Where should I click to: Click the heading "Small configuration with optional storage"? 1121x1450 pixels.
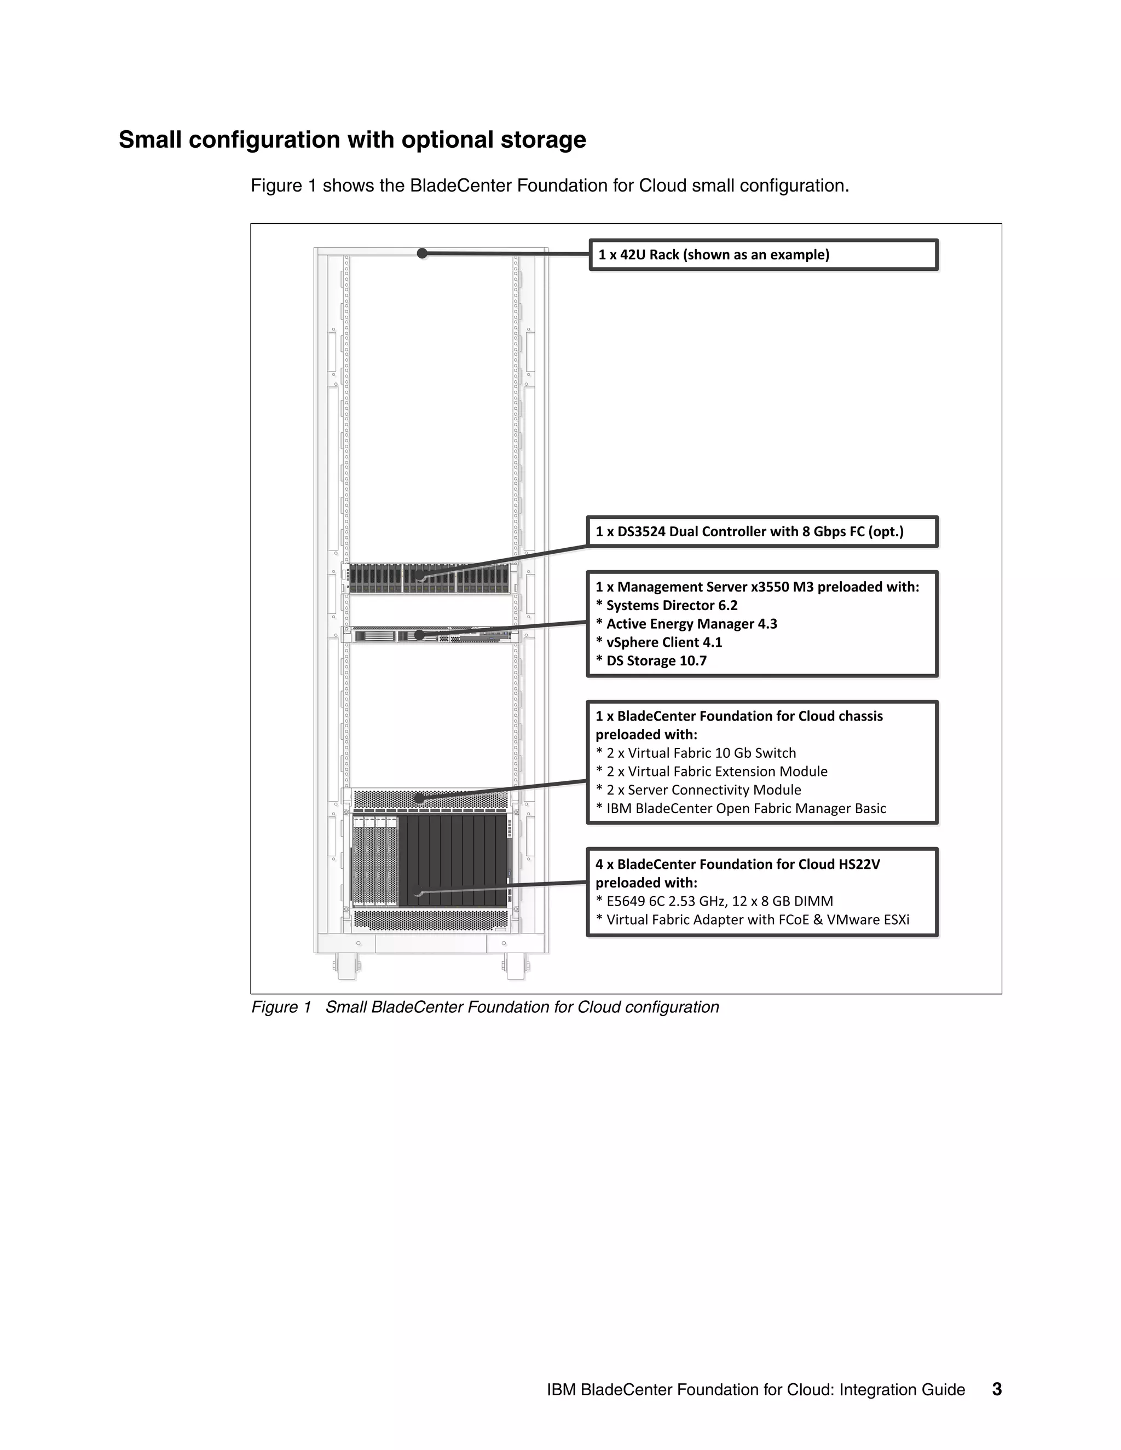click(352, 140)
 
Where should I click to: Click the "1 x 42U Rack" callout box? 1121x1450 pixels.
click(763, 255)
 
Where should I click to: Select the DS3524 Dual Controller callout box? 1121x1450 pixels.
click(762, 532)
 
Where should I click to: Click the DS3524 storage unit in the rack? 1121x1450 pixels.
click(432, 578)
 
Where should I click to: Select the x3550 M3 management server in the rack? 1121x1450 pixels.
click(432, 636)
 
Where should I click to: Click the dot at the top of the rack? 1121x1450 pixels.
click(421, 253)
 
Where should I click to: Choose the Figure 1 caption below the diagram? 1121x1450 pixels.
click(485, 1007)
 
